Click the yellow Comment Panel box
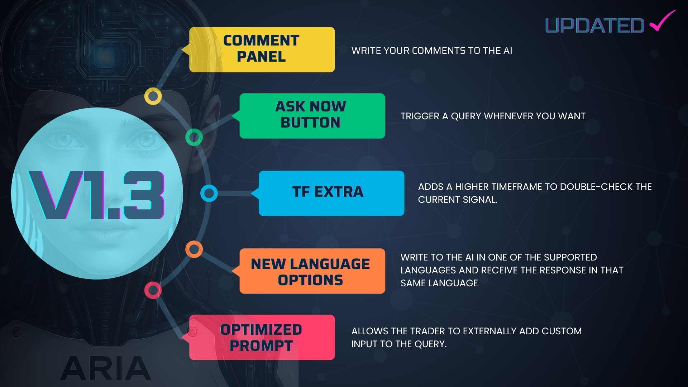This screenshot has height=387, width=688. pyautogui.click(x=262, y=49)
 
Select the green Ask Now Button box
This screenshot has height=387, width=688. pyautogui.click(x=312, y=116)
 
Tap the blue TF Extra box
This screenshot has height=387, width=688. pyautogui.click(x=331, y=193)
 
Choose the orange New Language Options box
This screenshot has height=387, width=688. pyautogui.click(x=312, y=271)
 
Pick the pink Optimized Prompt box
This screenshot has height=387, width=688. pyautogui.click(x=262, y=337)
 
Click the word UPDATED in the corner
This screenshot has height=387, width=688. pyautogui.click(x=595, y=26)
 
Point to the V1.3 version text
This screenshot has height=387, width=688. pyautogui.click(x=97, y=195)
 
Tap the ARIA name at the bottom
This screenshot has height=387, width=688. pyautogui.click(x=106, y=368)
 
